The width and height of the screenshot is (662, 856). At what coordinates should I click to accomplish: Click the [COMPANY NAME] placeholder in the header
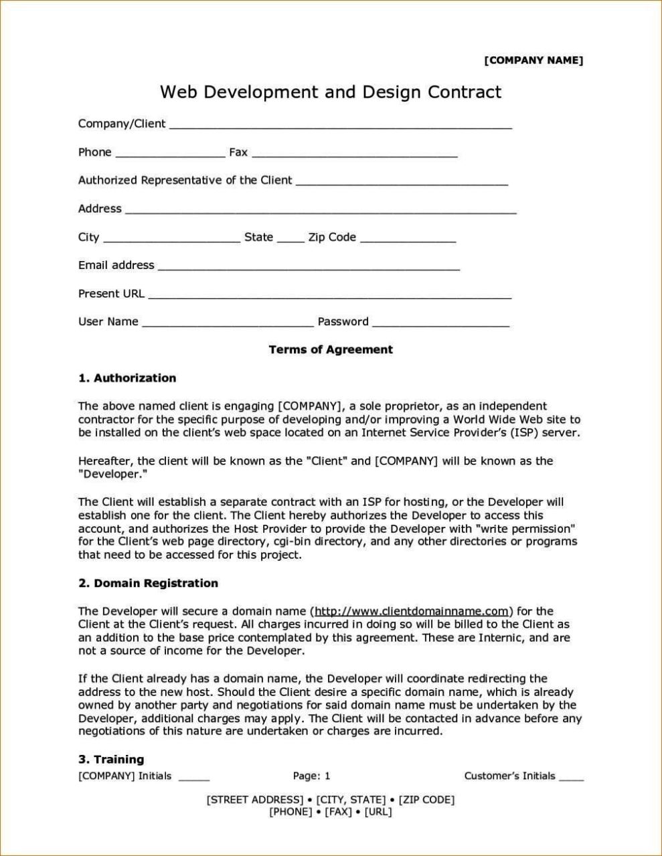533,61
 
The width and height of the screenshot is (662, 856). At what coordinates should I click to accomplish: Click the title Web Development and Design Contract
330,92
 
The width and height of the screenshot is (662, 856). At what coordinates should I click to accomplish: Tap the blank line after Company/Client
340,126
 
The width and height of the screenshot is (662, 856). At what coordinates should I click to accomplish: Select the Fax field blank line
354,155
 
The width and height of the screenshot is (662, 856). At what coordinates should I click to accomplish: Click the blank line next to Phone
170,155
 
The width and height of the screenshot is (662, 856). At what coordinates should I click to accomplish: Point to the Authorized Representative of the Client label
185,180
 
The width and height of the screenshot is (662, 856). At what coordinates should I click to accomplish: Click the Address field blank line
321,211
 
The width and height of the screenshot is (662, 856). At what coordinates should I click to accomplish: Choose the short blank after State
291,240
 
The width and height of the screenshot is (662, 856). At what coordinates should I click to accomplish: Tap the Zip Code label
332,237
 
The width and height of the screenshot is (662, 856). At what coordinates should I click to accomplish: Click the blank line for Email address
308,268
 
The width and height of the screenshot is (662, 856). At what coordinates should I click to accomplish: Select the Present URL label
111,293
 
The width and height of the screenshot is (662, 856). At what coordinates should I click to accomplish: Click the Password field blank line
440,325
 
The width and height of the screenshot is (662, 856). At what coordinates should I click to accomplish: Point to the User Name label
108,321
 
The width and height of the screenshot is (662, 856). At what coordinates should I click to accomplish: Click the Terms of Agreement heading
331,349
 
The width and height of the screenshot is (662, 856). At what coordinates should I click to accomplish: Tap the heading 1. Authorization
127,378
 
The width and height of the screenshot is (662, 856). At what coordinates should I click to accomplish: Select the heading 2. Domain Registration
148,583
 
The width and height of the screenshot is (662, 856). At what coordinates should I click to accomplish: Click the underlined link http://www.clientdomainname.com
412,611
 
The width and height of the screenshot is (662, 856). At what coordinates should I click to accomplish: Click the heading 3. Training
111,759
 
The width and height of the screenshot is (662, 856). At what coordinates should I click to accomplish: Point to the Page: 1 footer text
311,776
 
